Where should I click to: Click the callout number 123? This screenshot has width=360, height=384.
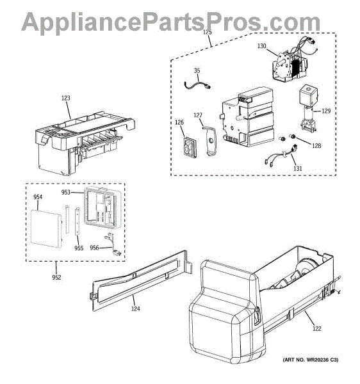[66, 98]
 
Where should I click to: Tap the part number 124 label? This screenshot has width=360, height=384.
[136, 309]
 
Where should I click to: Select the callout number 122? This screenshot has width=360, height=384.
[317, 328]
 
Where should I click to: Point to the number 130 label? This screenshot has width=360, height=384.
[262, 46]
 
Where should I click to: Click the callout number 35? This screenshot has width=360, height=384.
[197, 70]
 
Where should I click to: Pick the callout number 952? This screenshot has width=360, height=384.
[56, 278]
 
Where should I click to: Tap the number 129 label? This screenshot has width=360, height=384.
[326, 111]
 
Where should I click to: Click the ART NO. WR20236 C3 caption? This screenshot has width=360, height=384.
[311, 360]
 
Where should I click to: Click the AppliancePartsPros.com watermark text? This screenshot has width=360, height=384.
[171, 22]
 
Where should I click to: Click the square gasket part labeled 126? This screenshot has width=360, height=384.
[190, 147]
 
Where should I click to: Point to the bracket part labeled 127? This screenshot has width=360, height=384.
[210, 141]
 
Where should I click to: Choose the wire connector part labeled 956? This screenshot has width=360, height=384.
[112, 244]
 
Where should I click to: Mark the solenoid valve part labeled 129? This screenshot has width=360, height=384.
[308, 109]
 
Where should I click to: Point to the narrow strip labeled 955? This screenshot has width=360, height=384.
[78, 221]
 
